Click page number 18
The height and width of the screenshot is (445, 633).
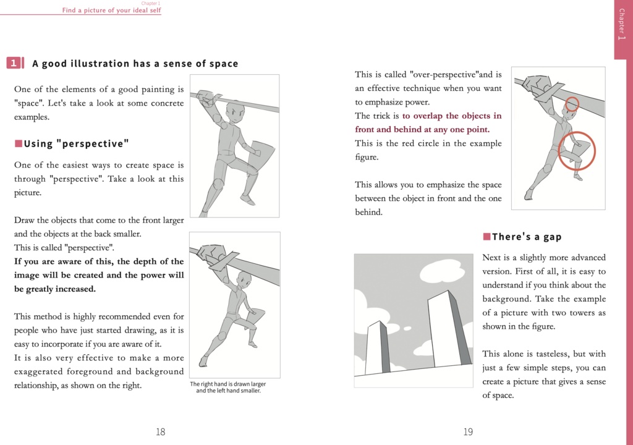coord(160,432)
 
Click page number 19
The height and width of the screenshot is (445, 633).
coord(468,432)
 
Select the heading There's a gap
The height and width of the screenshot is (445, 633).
coord(526,237)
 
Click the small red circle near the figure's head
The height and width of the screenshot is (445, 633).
coord(572,103)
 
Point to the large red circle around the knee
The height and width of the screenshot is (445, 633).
coord(576,150)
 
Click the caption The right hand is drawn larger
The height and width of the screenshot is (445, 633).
coord(227,384)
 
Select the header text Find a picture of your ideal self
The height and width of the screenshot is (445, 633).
coord(111,11)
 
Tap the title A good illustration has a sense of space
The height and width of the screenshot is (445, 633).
coord(135,64)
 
